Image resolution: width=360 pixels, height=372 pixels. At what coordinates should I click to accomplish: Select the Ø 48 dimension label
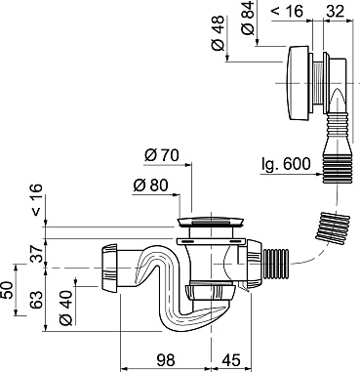(219, 32)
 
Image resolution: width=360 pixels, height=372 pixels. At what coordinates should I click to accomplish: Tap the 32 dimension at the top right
(335, 12)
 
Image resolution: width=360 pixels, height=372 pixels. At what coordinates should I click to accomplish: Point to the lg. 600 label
(286, 164)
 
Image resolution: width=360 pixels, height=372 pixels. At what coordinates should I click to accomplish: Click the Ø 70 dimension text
(162, 155)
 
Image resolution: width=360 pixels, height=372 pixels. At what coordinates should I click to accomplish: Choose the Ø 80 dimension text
(150, 186)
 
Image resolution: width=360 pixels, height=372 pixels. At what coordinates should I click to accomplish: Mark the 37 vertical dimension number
(37, 254)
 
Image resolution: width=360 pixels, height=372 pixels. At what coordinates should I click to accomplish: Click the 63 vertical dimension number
(37, 300)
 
